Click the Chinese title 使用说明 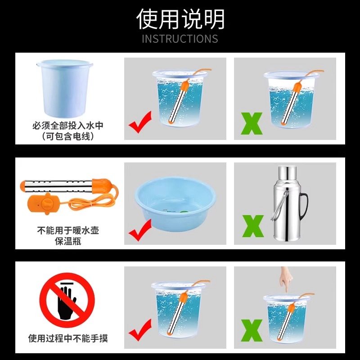tap(180, 19)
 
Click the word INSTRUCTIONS tap(180, 39)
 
